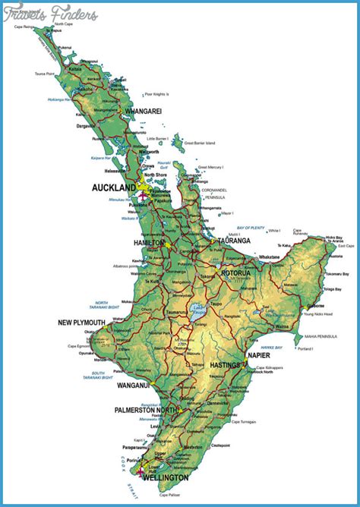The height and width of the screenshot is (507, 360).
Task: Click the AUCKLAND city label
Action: point(113,187)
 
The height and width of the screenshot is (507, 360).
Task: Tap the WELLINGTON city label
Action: point(185,479)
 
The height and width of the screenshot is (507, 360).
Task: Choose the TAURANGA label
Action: point(234,241)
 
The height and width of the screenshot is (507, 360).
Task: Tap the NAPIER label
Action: point(258,354)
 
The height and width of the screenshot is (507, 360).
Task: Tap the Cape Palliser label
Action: point(172,495)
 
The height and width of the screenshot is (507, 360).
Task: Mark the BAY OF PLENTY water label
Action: point(250,228)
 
